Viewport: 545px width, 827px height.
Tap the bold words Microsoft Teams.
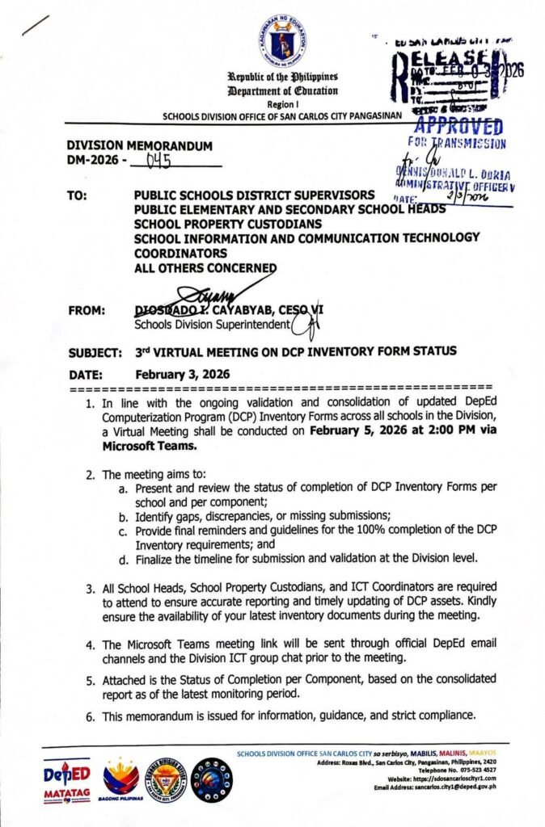click(150, 445)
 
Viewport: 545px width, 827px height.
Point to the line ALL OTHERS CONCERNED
click(205, 268)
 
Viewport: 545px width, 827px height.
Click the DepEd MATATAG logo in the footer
click(66, 781)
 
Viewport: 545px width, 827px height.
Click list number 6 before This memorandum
click(91, 715)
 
